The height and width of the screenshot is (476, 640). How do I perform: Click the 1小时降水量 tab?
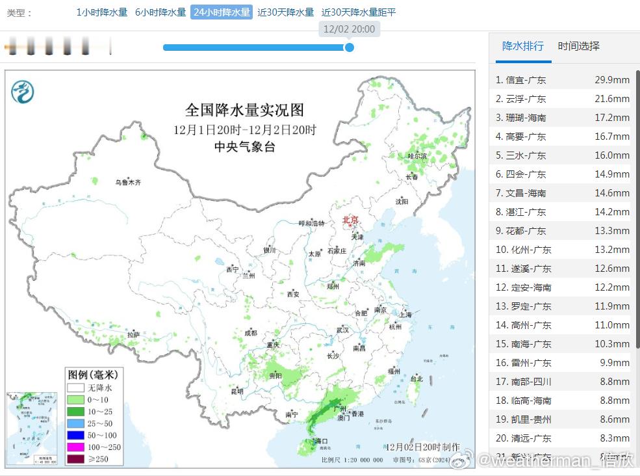102,12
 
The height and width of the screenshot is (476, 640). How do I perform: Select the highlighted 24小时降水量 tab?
221,12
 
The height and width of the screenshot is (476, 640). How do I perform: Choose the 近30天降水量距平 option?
359,12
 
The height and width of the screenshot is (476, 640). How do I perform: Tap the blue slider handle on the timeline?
349,47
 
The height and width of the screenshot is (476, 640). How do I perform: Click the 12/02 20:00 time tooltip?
349,29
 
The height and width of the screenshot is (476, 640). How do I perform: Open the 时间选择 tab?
578,46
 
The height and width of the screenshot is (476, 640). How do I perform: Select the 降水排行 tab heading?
523,46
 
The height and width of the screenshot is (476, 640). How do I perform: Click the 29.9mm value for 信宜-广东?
612,80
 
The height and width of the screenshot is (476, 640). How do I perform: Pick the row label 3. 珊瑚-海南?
521,118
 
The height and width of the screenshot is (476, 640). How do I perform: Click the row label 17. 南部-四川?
524,382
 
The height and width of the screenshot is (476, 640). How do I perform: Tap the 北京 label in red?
350,220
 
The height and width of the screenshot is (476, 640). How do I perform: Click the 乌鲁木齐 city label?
128,183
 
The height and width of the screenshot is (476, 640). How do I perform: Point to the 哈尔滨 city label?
417,156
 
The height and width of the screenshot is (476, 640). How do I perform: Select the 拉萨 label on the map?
133,334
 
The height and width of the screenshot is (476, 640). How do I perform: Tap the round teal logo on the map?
22,92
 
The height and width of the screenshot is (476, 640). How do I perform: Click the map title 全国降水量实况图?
244,109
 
